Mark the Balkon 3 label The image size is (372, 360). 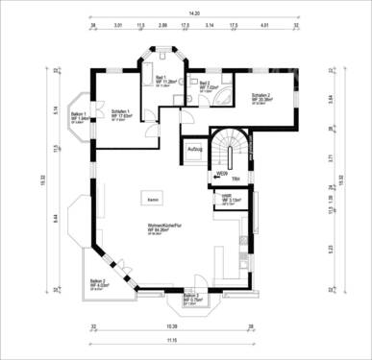(x=191, y=298)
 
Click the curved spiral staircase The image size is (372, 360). (x=228, y=151)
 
